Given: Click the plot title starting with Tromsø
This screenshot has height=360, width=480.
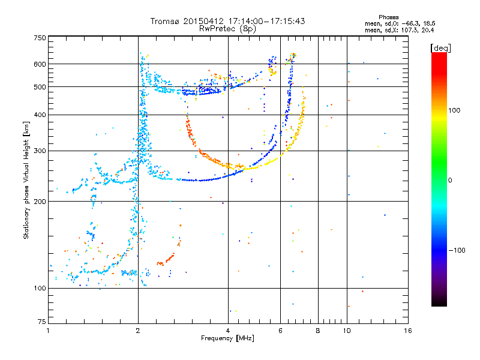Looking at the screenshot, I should click(x=227, y=20).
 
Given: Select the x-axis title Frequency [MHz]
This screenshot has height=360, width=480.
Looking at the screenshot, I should click(x=227, y=338).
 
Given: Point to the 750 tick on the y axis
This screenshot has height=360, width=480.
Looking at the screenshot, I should click(x=40, y=38).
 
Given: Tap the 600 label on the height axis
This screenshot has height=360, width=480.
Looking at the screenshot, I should click(x=40, y=64).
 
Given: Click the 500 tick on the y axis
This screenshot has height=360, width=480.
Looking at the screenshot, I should click(x=40, y=86).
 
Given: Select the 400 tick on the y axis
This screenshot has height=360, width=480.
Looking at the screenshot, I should click(x=40, y=115).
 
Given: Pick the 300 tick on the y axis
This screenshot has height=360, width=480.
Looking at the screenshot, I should click(x=40, y=151).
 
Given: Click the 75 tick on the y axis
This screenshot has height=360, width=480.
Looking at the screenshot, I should click(x=41, y=325).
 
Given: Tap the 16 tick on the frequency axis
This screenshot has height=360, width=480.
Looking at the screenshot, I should click(x=407, y=331).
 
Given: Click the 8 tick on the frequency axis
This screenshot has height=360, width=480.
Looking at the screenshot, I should click(x=317, y=331).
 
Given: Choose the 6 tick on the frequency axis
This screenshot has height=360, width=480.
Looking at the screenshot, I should click(x=280, y=331).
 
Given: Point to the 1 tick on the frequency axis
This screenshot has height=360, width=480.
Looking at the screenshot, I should click(x=48, y=331).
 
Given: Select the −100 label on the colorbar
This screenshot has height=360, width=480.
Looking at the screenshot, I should click(x=458, y=250).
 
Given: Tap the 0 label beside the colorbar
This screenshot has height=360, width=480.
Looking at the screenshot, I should click(x=451, y=180).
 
